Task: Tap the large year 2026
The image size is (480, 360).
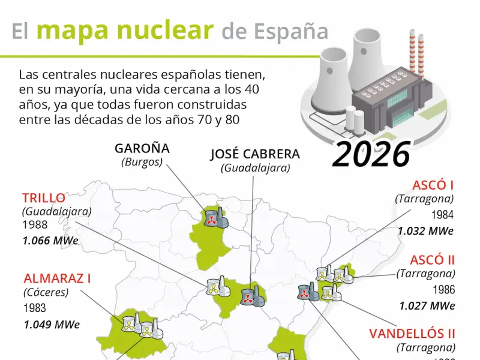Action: [x=371, y=155]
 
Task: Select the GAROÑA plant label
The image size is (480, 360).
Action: [x=142, y=148]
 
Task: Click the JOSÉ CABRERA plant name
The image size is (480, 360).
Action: [x=255, y=154]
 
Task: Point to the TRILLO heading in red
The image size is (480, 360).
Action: [x=44, y=197]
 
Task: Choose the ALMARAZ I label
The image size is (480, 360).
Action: [x=58, y=278]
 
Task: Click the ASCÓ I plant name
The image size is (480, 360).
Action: [x=433, y=185]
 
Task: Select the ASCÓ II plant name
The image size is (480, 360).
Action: [x=433, y=260]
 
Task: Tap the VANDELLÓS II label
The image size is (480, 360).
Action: [x=412, y=334]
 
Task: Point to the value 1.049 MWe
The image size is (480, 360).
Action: [x=52, y=325]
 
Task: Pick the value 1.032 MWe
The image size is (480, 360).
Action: [x=425, y=230]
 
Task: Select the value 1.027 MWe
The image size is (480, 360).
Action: [x=427, y=305]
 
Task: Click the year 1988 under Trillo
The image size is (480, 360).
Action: [x=35, y=225]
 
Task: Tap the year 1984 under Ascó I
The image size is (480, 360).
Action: [x=442, y=215]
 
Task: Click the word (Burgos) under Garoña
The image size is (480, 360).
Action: [x=142, y=162]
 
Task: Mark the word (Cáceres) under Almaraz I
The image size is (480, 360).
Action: [x=46, y=293]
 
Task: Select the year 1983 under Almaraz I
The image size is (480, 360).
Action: [x=35, y=308]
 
